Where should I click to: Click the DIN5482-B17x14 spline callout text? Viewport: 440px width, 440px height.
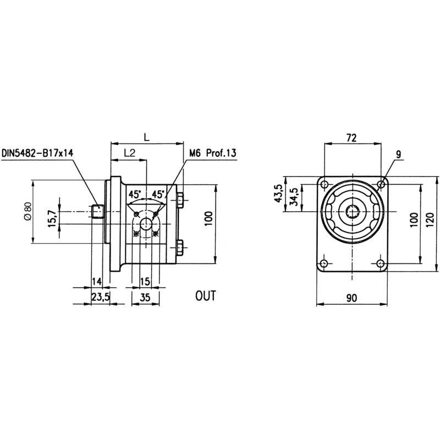(38, 153)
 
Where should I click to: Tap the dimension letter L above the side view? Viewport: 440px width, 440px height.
(145, 135)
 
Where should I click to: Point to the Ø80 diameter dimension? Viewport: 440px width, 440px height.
(27, 212)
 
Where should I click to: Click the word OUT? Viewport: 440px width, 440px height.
(206, 295)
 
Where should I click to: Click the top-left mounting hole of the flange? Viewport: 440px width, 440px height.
(324, 184)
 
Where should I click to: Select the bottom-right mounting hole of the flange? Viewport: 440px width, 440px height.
(381, 263)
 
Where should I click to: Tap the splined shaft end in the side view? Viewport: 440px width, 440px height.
(98, 211)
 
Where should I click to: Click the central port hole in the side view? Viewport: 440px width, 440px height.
(146, 223)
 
